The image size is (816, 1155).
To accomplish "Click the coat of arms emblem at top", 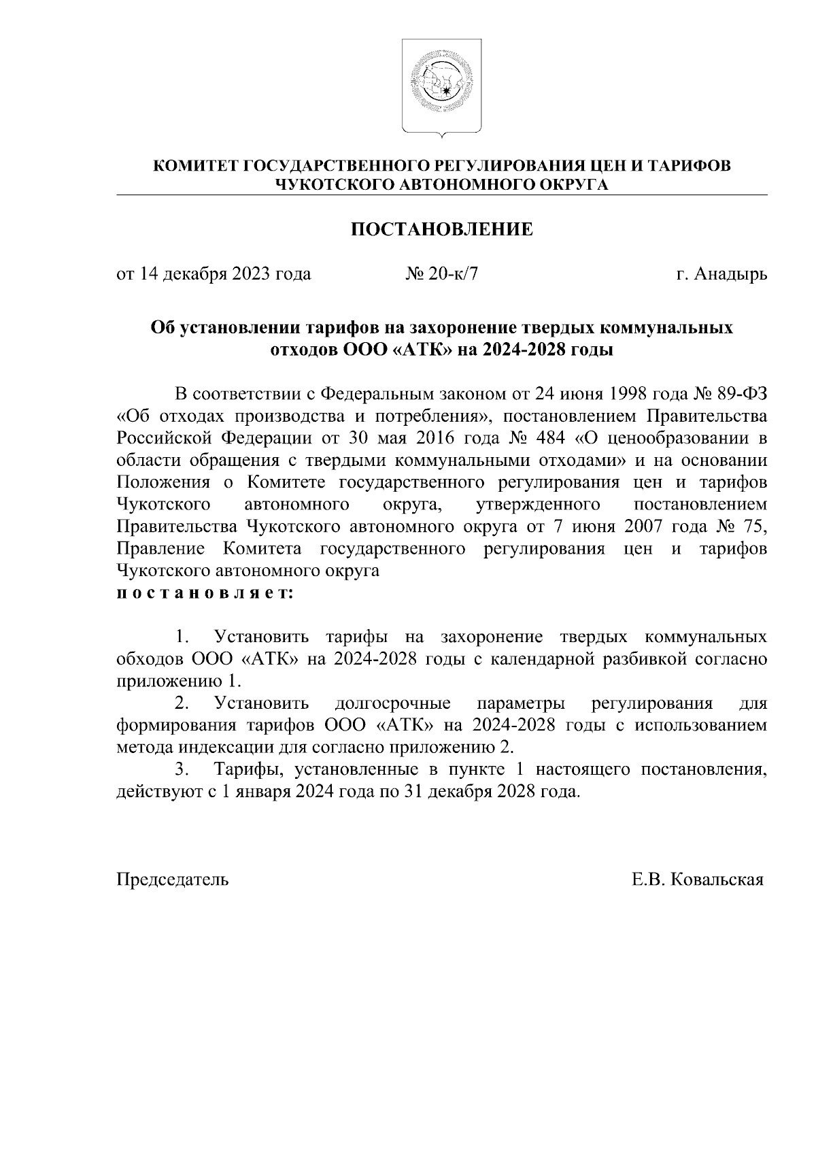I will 441,86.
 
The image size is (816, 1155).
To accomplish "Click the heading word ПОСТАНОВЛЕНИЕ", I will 441,229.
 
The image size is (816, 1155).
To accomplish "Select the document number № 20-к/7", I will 442,274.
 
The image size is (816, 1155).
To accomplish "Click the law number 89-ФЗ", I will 743,394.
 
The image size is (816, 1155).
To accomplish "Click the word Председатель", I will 173,880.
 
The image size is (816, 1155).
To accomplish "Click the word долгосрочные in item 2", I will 392,703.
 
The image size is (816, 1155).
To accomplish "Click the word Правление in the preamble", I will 160,549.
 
